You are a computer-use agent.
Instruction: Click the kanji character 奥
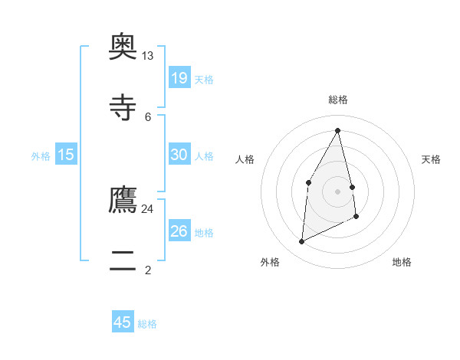point(123,46)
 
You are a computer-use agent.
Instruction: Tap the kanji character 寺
point(123,107)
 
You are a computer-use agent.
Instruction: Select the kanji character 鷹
point(123,199)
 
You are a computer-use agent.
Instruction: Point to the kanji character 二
point(123,260)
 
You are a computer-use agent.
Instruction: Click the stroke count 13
point(148,56)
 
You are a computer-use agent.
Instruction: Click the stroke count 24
point(148,208)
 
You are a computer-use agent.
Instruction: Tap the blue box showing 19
point(179,77)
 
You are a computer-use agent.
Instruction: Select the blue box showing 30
point(179,155)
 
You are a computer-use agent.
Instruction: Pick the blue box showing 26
point(179,231)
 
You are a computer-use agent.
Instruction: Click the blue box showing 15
point(66,155)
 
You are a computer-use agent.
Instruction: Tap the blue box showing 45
point(123,322)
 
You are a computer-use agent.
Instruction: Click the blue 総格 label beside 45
point(147,324)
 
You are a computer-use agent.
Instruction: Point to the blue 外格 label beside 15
point(41,156)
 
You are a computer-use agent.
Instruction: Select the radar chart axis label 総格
point(337,100)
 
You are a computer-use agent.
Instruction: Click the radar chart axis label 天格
point(432,159)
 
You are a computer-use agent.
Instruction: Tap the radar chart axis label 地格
point(402,262)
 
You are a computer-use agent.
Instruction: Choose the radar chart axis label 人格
point(245,159)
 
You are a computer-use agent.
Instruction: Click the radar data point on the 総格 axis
point(337,131)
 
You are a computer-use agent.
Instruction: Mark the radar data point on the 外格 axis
point(302,242)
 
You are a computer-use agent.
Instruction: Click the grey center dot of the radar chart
point(337,191)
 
